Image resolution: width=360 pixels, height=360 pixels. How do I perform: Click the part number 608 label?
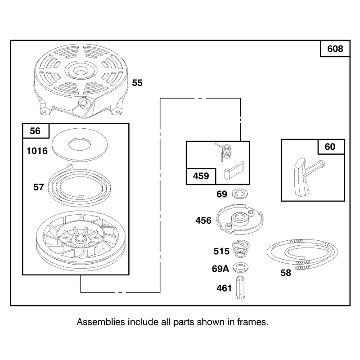335,49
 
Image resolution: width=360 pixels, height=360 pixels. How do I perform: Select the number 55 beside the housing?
137,83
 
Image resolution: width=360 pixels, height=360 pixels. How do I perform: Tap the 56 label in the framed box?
35,131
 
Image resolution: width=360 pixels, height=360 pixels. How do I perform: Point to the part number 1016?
37,151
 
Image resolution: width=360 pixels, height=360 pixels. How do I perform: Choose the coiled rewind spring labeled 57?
79,185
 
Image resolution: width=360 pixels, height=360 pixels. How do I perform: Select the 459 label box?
201,176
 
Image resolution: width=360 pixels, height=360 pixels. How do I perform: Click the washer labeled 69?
240,193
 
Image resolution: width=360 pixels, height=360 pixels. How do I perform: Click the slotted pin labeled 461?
240,288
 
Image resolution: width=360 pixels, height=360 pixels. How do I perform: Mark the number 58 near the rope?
286,273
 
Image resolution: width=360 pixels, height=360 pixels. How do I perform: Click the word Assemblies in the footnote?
101,322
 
